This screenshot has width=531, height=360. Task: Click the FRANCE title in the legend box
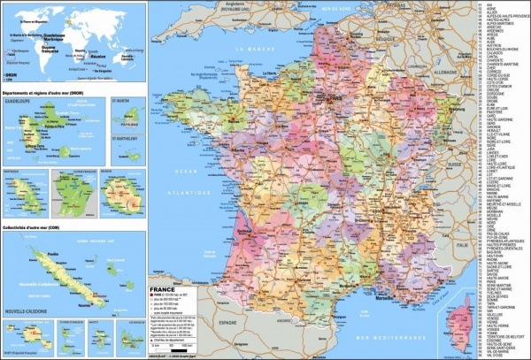coord(165,289)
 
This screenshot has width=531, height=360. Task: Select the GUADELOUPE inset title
coord(19,100)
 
